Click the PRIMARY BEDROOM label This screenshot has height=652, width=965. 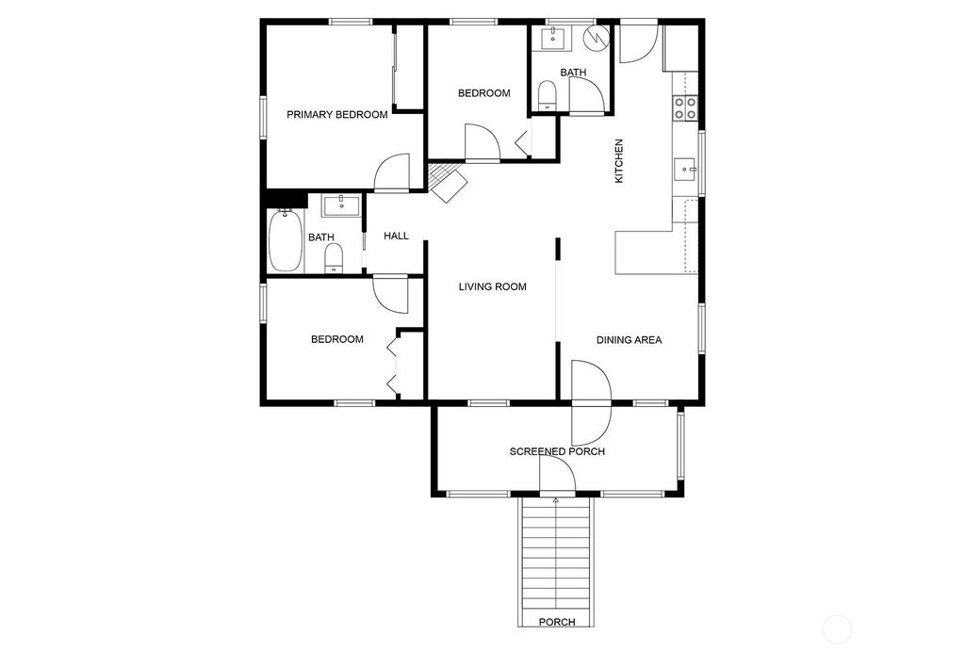click(337, 114)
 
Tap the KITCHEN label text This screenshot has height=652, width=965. click(619, 160)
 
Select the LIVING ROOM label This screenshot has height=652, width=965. click(492, 286)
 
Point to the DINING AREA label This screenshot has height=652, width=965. click(629, 340)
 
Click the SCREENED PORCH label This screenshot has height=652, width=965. click(557, 451)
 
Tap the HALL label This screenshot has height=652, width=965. click(397, 236)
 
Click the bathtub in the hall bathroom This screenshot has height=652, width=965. click(285, 240)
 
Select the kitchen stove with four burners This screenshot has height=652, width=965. click(685, 108)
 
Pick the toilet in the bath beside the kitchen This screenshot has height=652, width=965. click(547, 95)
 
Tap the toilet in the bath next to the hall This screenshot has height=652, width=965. click(334, 258)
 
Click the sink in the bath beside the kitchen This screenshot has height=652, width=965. click(553, 38)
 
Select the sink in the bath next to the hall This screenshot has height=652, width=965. click(341, 205)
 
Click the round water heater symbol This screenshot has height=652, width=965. click(597, 38)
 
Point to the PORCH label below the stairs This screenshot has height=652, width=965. click(557, 623)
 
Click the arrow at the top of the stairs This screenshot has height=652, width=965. click(556, 500)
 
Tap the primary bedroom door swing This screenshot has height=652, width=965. click(392, 172)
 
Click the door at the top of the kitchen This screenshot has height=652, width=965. click(639, 41)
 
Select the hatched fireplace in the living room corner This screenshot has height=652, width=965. click(448, 182)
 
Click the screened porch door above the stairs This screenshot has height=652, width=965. click(558, 476)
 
